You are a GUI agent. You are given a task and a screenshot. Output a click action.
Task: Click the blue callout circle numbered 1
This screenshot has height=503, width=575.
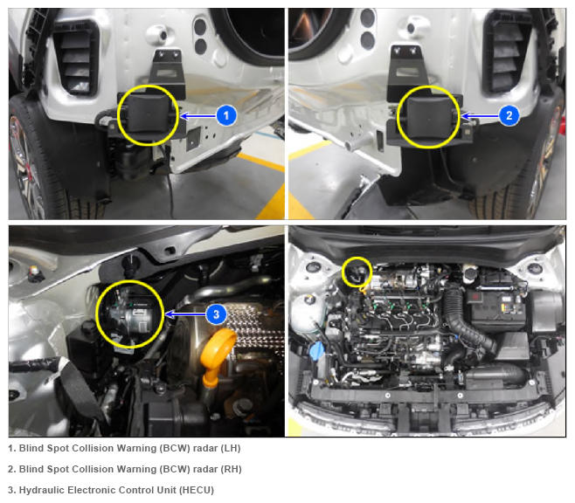pyautogui.click(x=225, y=115)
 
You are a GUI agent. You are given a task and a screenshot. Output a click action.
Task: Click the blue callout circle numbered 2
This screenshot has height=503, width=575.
pyautogui.click(x=509, y=115)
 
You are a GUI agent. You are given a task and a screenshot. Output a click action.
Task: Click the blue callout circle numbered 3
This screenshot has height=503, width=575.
pyautogui.click(x=216, y=314)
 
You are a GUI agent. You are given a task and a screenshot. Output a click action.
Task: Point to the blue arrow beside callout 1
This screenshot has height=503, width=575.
pyautogui.click(x=198, y=116)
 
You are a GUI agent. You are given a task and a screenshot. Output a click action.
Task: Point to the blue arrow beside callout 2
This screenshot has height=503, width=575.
pyautogui.click(x=481, y=116)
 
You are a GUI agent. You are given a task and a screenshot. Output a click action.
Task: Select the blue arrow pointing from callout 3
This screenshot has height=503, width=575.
pyautogui.click(x=185, y=314)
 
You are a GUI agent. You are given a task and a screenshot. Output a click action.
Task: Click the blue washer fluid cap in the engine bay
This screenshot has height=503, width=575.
pyautogui.click(x=317, y=350)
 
